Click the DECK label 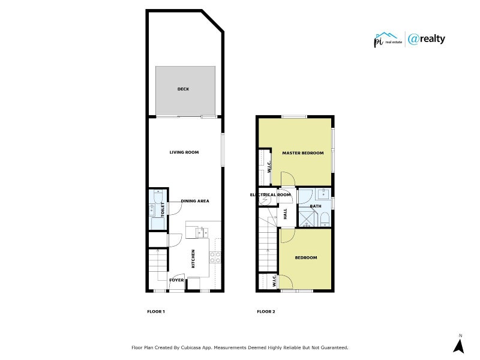[x=183, y=89]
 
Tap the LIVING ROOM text [x=184, y=152]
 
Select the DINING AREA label [x=195, y=201]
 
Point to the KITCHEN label [x=193, y=259]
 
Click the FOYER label [x=176, y=280]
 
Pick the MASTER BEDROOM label [x=303, y=153]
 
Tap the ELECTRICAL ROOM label [x=271, y=195]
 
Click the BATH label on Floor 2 [x=316, y=206]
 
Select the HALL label [x=286, y=214]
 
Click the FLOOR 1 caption [x=156, y=311]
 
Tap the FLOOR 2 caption [x=266, y=311]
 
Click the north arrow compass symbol [x=459, y=345]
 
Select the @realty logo [x=427, y=39]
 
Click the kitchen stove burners [x=215, y=257]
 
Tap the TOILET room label [x=162, y=209]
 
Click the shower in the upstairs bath [x=307, y=219]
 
